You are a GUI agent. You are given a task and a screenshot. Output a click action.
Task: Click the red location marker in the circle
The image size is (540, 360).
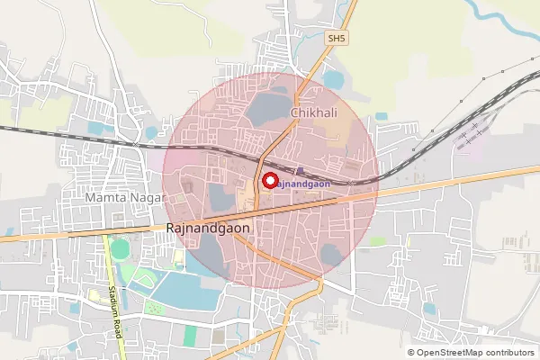pos(268,180)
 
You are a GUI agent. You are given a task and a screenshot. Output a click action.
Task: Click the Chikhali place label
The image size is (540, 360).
pos(312,112)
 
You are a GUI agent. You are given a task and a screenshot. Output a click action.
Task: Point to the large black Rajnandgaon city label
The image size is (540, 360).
pos(208,229)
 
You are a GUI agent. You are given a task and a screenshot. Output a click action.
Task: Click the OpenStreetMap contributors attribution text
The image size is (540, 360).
pos(471,352)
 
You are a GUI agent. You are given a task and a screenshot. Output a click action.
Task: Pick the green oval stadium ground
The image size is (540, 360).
pos(120,248)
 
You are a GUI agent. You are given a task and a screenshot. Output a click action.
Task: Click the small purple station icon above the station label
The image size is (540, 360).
pos(299,170)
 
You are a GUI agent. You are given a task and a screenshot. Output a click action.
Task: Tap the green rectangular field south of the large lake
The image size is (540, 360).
pos(190,336)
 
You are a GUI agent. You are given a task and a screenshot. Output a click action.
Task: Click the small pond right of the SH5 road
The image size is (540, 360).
pos(333,80)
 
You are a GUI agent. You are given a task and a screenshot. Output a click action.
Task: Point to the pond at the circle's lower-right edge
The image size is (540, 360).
pos(330,254)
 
